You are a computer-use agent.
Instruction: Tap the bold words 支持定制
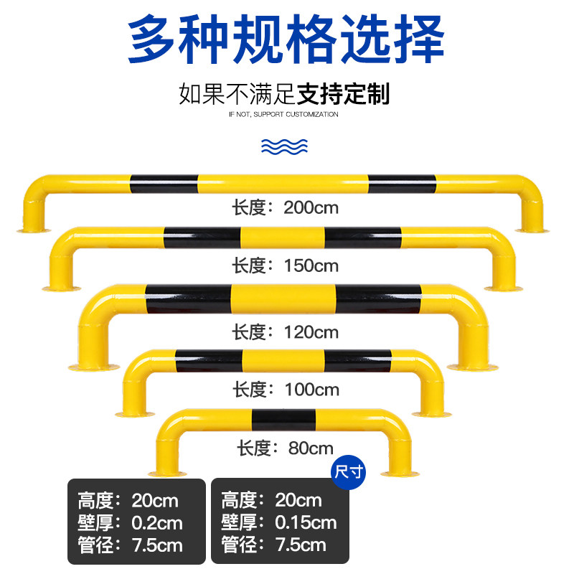tap(343, 94)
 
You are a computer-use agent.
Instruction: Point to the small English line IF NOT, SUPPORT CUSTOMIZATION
tap(283, 115)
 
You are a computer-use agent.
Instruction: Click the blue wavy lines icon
tap(285, 147)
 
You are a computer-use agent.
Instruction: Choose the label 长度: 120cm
tap(285, 332)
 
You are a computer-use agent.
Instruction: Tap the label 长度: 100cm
tap(285, 390)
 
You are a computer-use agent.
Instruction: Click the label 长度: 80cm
tap(285, 449)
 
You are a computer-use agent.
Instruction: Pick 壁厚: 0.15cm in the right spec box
tap(279, 522)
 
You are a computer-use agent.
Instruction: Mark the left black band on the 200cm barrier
tap(164, 184)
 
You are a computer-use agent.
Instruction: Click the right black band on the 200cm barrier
tap(402, 184)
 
